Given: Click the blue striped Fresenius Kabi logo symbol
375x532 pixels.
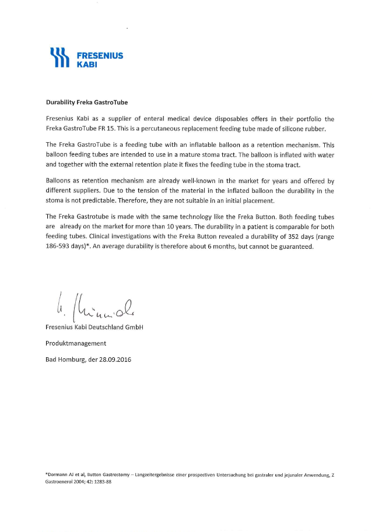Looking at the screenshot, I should pyautogui.click(x=61, y=58).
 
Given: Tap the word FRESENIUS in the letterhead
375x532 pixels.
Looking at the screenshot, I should pyautogui.click(x=100, y=55).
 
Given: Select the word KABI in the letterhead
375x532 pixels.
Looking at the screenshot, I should pyautogui.click(x=87, y=65).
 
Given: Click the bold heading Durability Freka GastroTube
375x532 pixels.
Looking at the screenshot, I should pyautogui.click(x=86, y=103).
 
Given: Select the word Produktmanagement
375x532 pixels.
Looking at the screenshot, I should pyautogui.click(x=76, y=343).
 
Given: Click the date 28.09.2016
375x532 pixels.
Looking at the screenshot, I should pyautogui.click(x=115, y=360).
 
